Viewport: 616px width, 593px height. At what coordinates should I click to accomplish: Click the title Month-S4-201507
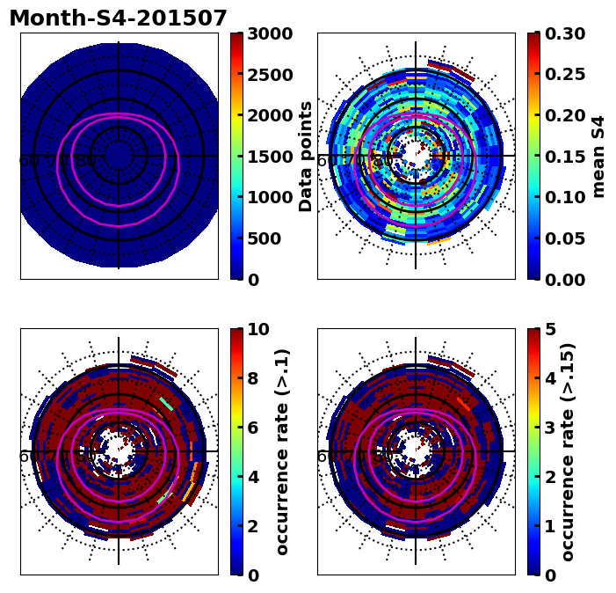(x=118, y=18)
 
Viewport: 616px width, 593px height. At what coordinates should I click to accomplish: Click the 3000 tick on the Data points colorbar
(x=271, y=33)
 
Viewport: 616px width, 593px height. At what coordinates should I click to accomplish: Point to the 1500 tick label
(x=271, y=157)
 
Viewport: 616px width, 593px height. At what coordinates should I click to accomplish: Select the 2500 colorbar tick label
(x=271, y=75)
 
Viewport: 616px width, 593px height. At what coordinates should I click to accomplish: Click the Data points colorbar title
(x=306, y=156)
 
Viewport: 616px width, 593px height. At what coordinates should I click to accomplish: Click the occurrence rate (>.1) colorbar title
(x=282, y=451)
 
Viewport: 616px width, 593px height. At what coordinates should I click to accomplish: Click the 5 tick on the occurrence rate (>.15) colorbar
(x=550, y=329)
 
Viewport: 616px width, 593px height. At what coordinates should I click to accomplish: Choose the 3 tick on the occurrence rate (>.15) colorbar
(x=550, y=428)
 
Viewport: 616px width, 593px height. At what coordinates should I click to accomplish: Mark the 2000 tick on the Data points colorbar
(x=271, y=115)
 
